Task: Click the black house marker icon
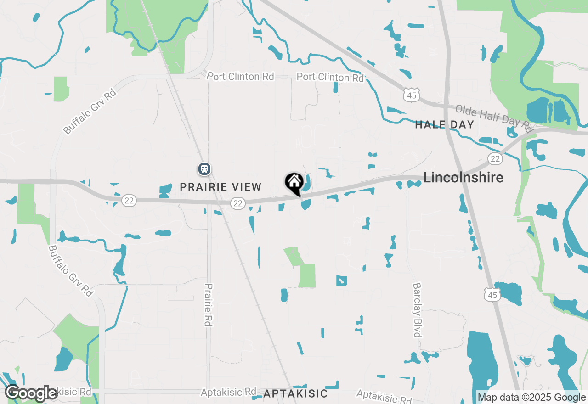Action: click(294, 183)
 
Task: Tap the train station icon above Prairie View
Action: click(204, 169)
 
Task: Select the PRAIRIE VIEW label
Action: click(220, 187)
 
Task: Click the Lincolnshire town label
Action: click(463, 178)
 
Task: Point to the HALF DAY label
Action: click(444, 124)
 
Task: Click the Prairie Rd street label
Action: click(209, 305)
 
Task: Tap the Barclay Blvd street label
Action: click(417, 310)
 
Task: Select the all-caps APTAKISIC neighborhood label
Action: click(295, 393)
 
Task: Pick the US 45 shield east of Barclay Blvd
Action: click(492, 295)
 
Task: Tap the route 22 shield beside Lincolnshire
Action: click(495, 159)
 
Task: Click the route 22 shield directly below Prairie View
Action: click(237, 203)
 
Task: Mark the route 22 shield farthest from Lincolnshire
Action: click(130, 200)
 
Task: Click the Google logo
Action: click(31, 393)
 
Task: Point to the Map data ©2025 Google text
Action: click(531, 398)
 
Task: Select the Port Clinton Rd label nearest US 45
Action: click(330, 77)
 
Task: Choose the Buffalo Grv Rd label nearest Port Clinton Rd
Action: click(90, 112)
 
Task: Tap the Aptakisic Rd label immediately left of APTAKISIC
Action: click(228, 392)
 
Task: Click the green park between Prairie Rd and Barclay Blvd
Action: click(303, 269)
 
